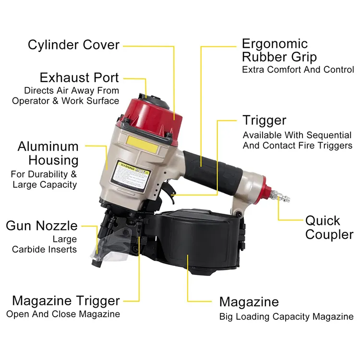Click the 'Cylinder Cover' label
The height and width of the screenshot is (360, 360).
point(73,45)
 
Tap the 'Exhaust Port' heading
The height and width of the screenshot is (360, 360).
point(79,77)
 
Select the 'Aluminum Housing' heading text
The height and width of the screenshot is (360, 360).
point(48,153)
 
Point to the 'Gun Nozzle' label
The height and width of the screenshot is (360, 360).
point(42,225)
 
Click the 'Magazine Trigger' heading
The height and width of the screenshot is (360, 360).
point(66,301)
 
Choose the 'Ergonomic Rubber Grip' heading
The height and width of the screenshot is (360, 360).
point(279,50)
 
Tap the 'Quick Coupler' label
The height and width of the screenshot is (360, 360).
point(329,228)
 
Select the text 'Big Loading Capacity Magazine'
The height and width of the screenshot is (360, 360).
point(286,317)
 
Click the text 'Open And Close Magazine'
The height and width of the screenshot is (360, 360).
point(63,314)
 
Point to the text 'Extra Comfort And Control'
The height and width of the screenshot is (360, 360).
point(298,70)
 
